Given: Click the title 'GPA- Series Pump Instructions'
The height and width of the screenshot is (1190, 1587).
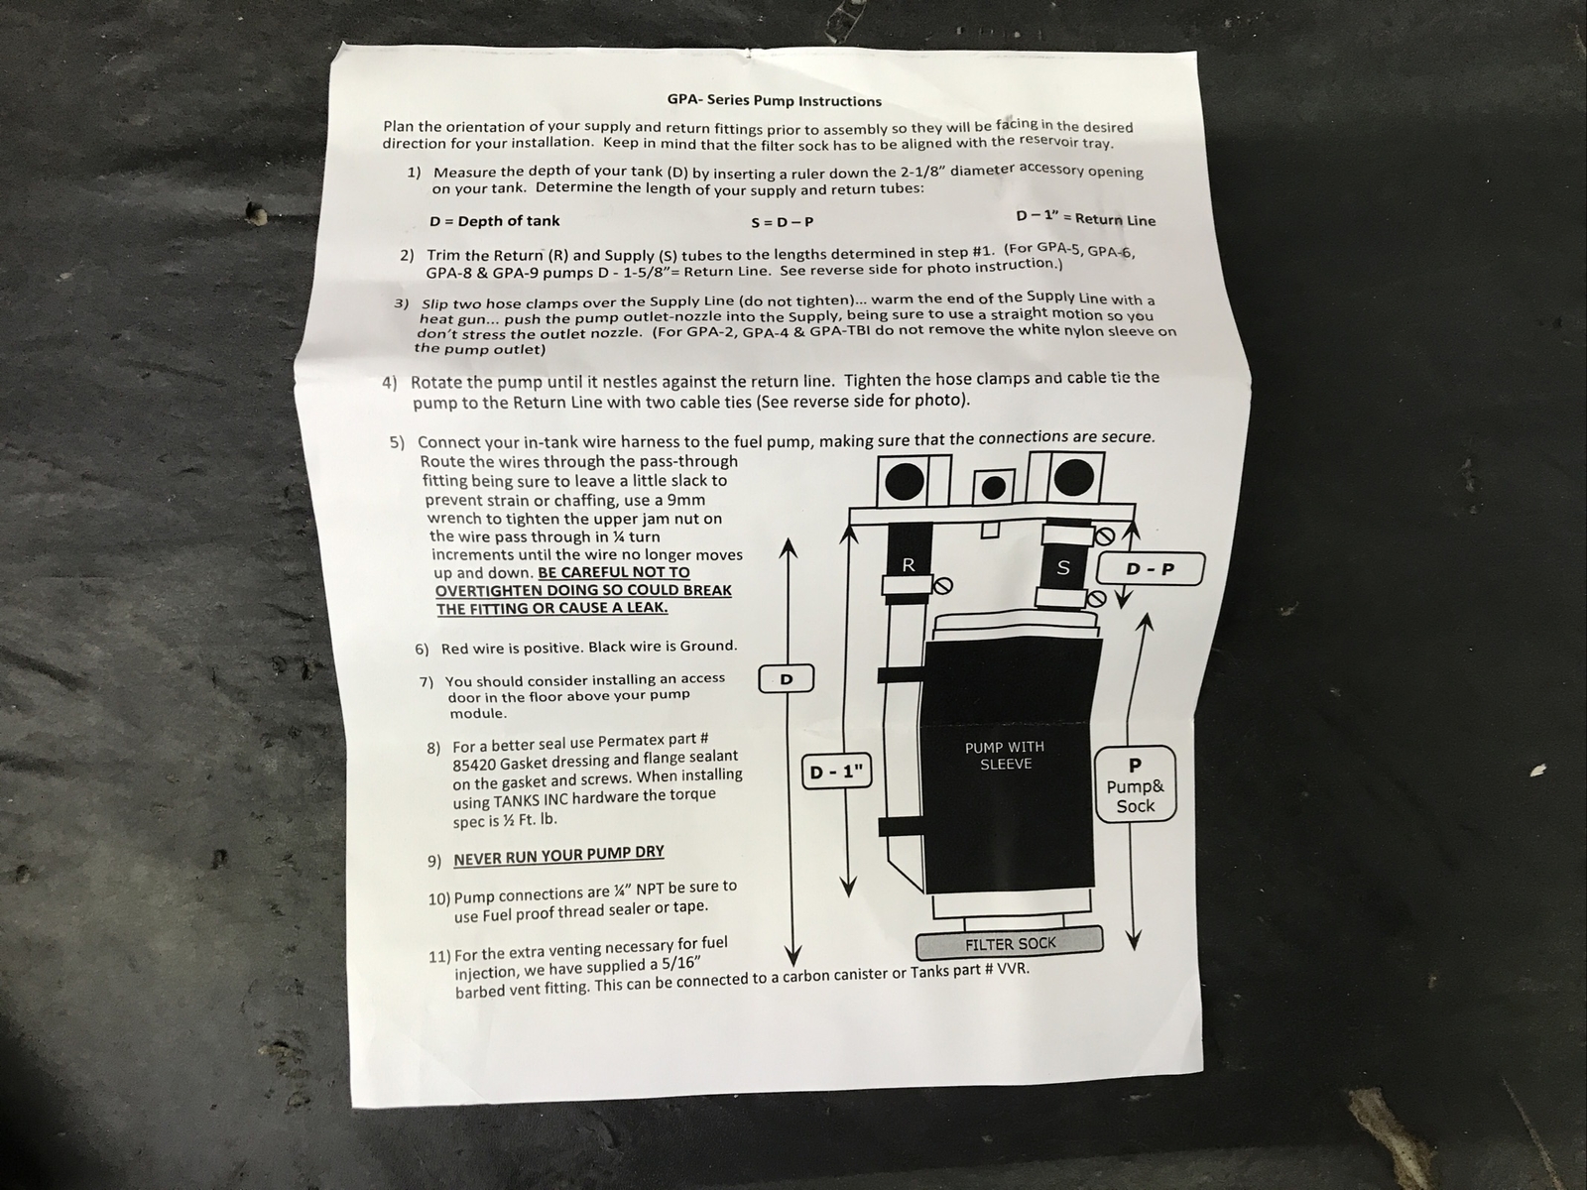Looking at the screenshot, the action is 774,100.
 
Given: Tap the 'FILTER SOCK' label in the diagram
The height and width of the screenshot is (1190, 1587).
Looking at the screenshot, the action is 1010,944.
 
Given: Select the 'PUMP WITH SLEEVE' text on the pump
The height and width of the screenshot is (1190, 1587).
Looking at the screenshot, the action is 1005,756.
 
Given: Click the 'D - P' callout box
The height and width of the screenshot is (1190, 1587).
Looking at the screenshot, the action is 1151,569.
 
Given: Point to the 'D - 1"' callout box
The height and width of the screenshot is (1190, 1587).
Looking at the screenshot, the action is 836,773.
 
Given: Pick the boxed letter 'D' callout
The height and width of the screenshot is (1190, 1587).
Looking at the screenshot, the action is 787,679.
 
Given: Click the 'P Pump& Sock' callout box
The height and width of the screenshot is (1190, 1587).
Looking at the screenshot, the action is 1135,784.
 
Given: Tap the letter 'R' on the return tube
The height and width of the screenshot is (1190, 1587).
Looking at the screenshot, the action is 908,565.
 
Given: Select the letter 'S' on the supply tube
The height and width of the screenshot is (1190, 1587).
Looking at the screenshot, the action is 1064,568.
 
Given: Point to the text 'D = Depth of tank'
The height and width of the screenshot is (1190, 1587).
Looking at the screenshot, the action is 494,221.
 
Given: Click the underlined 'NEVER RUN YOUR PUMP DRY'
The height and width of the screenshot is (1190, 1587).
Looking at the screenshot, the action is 558,855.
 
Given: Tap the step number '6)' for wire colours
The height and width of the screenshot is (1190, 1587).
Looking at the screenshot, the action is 423,650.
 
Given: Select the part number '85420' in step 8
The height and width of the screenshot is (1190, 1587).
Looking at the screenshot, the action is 474,765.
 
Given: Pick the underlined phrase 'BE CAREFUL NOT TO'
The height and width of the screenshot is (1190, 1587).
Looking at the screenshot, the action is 613,572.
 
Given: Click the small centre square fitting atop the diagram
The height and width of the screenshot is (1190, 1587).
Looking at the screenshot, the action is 993,486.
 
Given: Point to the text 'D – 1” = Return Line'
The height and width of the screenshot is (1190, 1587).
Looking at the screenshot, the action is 1085,218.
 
